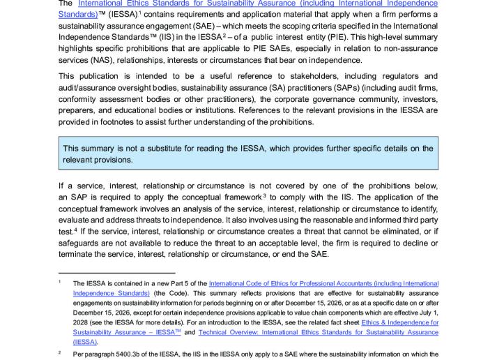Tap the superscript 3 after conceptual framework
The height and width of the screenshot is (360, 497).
click(263, 195)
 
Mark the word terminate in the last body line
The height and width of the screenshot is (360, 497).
click(78, 253)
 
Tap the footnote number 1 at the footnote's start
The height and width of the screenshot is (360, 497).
click(61, 282)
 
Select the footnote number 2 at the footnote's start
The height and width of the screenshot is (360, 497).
click(61, 353)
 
